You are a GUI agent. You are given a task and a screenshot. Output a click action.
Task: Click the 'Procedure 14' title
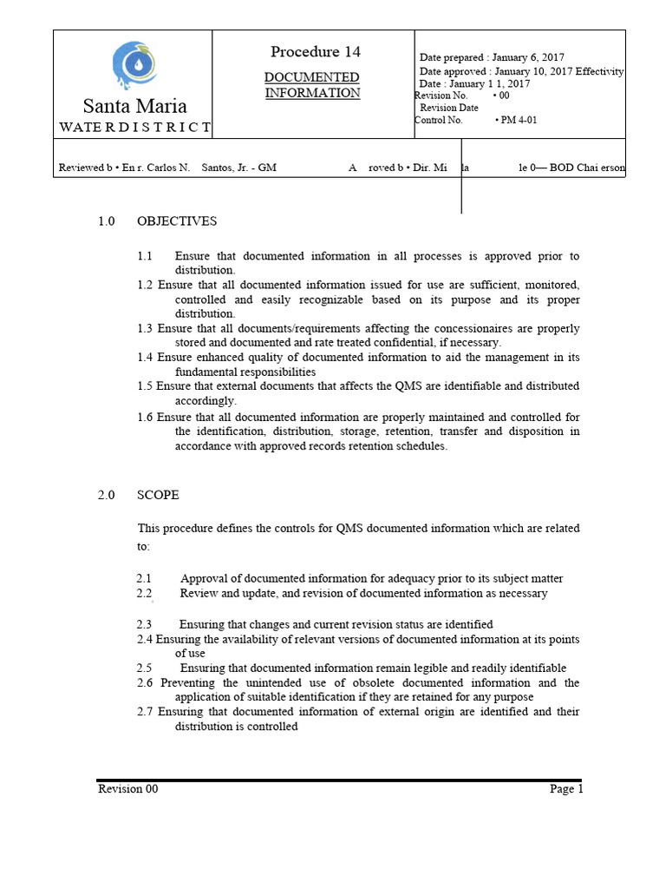click(316, 52)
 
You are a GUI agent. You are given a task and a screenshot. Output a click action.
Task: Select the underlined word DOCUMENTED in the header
click(311, 77)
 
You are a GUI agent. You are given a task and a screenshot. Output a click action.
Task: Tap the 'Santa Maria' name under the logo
click(134, 107)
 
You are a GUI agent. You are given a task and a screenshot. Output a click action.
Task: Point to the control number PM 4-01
click(518, 121)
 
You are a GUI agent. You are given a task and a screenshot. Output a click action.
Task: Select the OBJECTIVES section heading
click(177, 221)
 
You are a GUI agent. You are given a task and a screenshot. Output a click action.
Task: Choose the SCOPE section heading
click(158, 495)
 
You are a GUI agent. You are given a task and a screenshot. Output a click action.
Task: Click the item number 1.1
click(145, 256)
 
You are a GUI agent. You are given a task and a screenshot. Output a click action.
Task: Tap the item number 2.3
click(144, 624)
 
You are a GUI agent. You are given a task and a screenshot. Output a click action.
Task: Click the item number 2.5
click(144, 668)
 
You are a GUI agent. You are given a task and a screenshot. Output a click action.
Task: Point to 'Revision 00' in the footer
click(127, 789)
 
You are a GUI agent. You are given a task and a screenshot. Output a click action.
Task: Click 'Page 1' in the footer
click(566, 789)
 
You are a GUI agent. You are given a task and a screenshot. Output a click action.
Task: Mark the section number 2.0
click(107, 495)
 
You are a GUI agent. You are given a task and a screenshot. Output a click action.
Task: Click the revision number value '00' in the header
click(502, 95)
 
